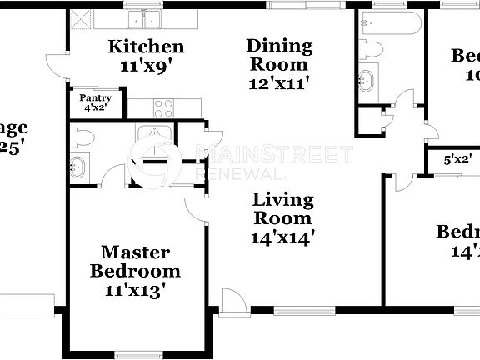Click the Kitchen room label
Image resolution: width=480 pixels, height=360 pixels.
click(146, 46)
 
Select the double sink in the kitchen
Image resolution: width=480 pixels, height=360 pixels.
click(146, 19)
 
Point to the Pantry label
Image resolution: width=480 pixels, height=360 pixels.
click(95, 97)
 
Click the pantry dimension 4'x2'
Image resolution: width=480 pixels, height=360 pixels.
click(95, 107)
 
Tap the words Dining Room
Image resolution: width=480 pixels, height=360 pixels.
click(279, 55)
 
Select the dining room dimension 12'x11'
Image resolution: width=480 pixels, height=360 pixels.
click(279, 82)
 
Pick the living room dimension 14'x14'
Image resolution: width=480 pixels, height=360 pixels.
click(283, 236)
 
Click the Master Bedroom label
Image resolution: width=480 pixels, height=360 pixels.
click(135, 261)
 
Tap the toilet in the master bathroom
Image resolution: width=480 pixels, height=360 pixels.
click(83, 135)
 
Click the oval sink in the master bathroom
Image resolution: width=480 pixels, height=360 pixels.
click(77, 165)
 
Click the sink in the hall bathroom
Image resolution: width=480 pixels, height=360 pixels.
click(367, 81)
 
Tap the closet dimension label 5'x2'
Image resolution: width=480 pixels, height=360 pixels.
click(457, 158)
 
